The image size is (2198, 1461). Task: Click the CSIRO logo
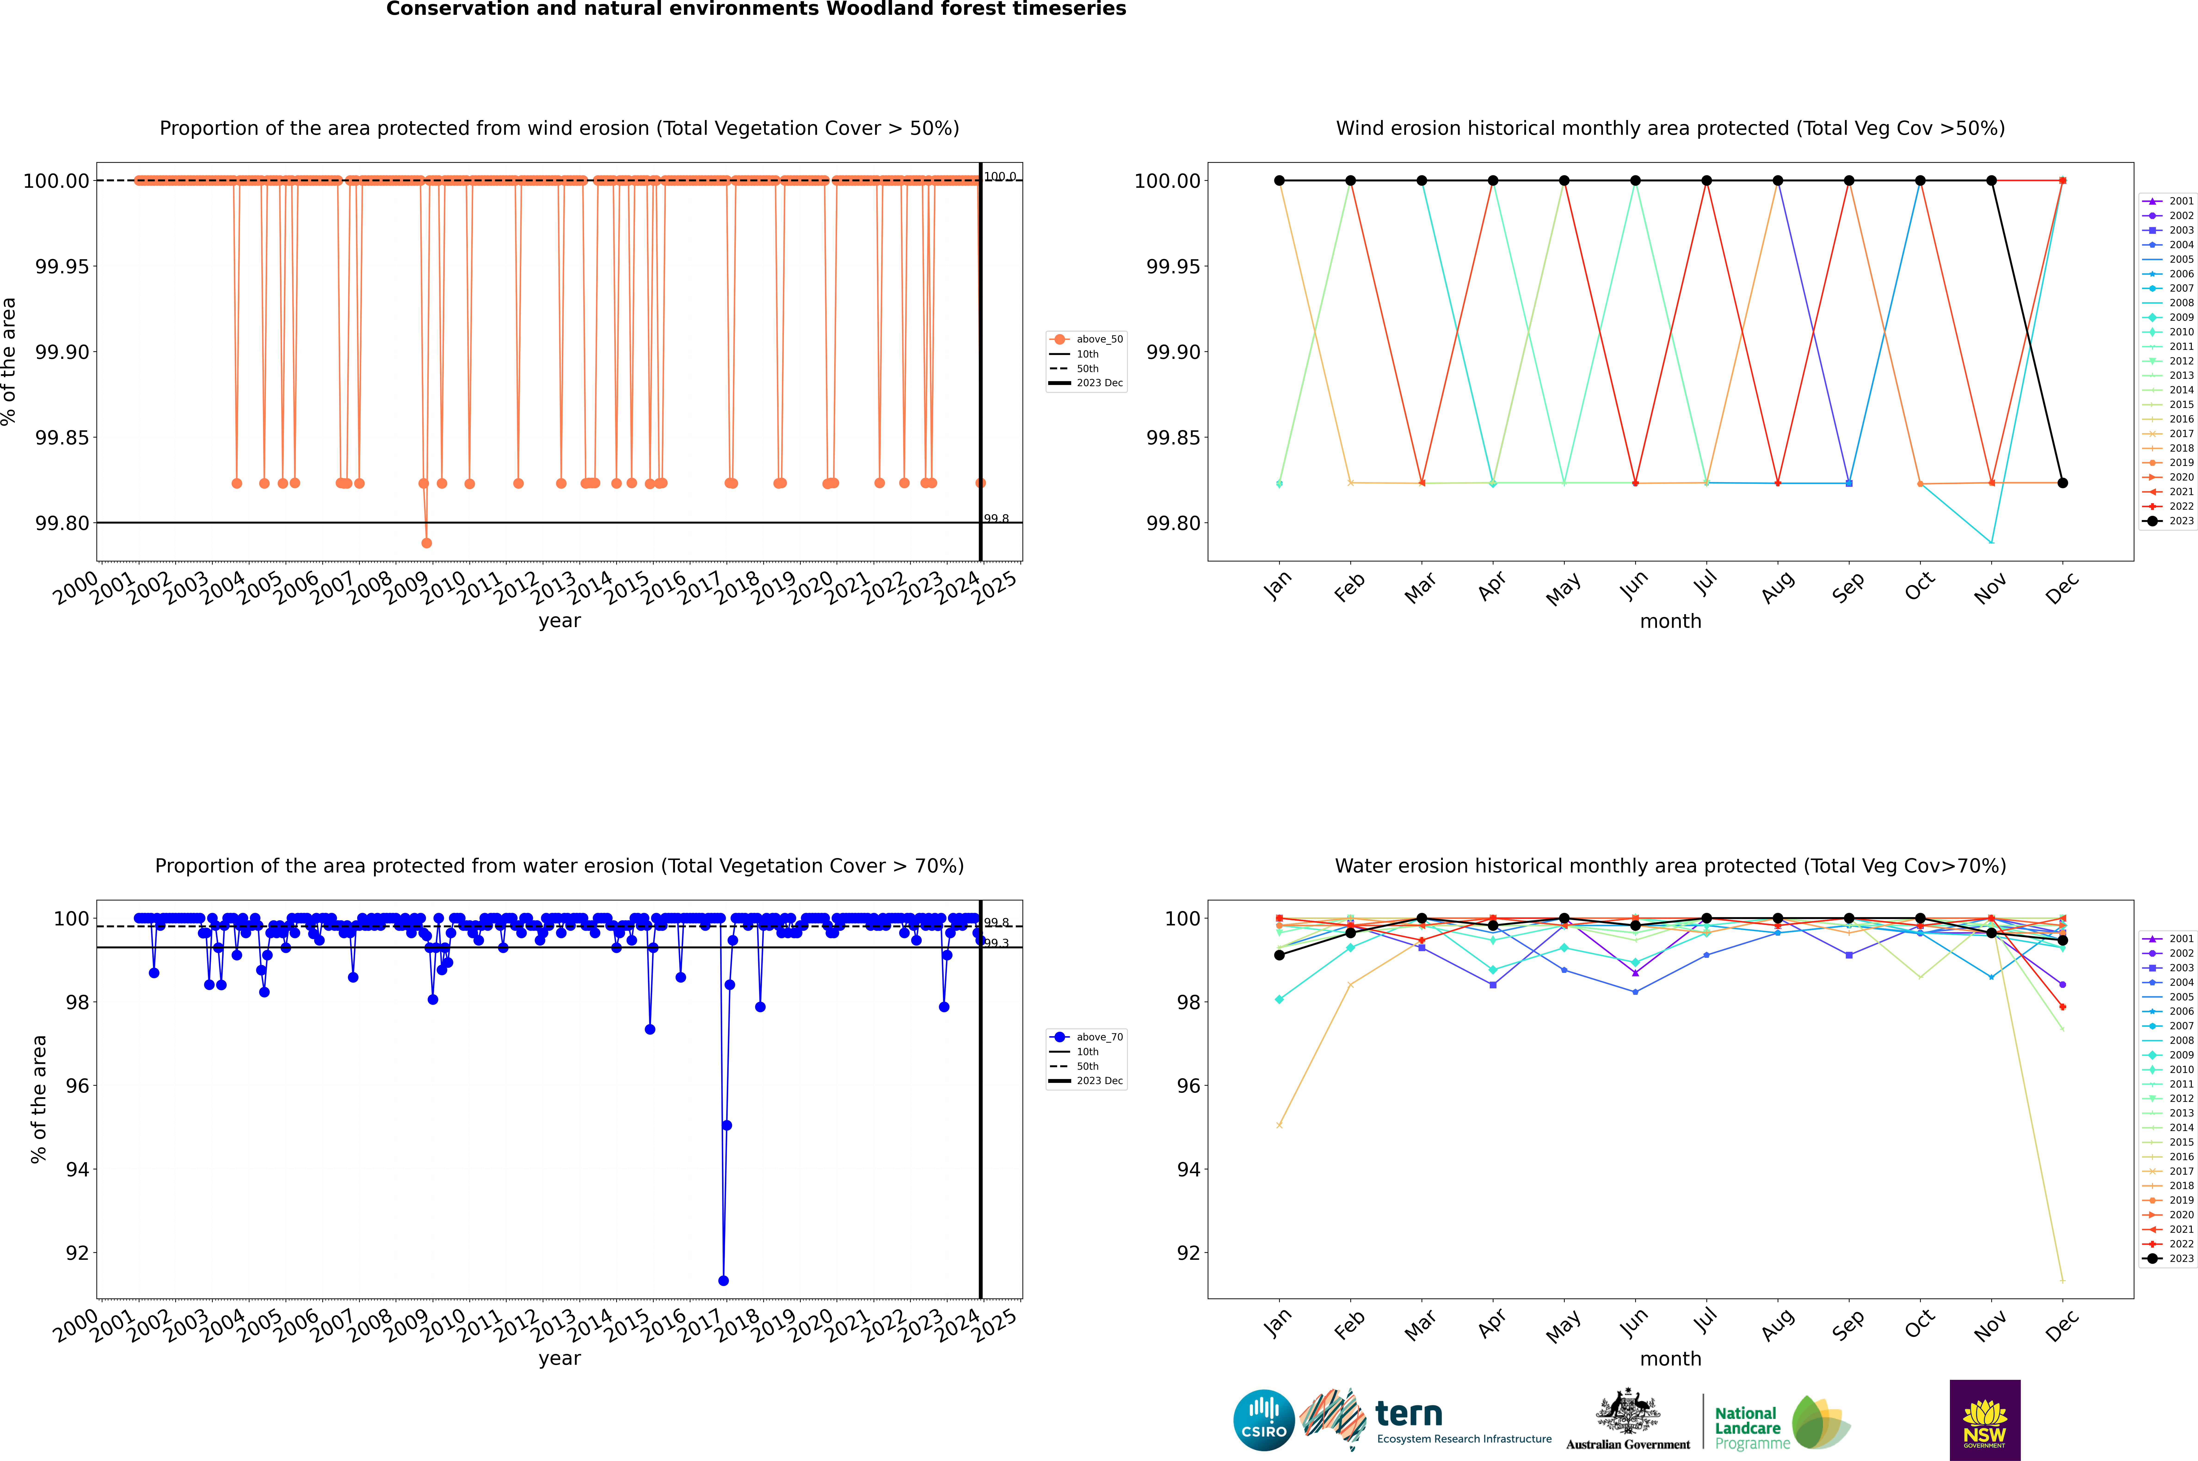1263,1420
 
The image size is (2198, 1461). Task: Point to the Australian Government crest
1628,1418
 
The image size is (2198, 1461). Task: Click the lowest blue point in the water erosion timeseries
724,1280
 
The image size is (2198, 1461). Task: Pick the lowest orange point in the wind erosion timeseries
427,542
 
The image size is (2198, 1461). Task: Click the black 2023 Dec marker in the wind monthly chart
2063,483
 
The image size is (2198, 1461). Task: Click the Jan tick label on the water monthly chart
1278,1323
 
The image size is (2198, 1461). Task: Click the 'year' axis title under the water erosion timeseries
559,1359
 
